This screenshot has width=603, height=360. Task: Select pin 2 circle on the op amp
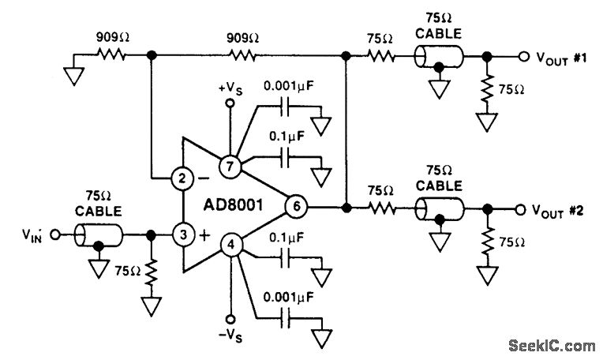pyautogui.click(x=182, y=179)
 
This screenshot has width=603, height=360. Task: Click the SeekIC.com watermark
pyautogui.click(x=552, y=345)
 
